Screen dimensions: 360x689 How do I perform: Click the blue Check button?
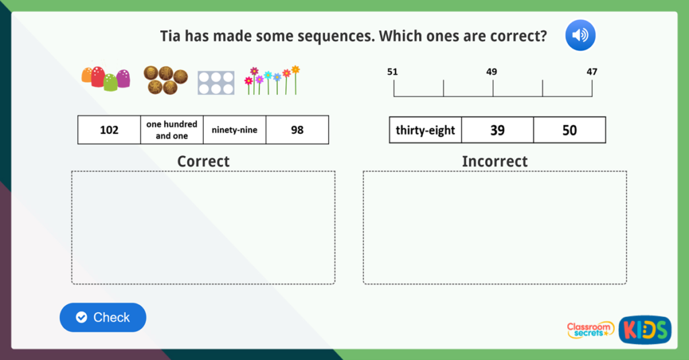click(103, 318)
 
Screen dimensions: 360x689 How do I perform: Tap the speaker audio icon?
click(580, 35)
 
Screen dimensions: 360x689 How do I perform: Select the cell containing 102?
click(109, 130)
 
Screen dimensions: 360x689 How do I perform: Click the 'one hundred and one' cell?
click(172, 130)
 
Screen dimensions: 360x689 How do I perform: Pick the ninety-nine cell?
click(234, 130)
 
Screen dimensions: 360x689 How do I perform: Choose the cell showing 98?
click(297, 130)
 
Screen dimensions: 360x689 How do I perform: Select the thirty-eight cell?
click(425, 130)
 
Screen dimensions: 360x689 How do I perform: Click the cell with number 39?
click(497, 130)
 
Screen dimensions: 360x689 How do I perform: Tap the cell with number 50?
click(569, 130)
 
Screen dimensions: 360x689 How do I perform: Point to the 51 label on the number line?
click(393, 71)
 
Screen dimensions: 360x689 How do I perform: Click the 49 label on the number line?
click(492, 71)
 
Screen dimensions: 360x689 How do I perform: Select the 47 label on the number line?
click(591, 71)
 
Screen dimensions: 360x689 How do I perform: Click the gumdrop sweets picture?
click(106, 79)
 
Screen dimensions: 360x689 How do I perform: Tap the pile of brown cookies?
click(165, 80)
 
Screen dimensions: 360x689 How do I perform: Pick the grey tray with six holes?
click(216, 83)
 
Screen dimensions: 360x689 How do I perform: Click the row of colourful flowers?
click(272, 80)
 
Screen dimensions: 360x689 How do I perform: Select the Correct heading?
click(203, 161)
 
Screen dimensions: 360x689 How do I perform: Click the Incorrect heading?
click(495, 161)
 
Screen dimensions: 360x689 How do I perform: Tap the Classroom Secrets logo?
click(590, 329)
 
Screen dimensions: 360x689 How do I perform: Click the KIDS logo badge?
click(645, 330)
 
